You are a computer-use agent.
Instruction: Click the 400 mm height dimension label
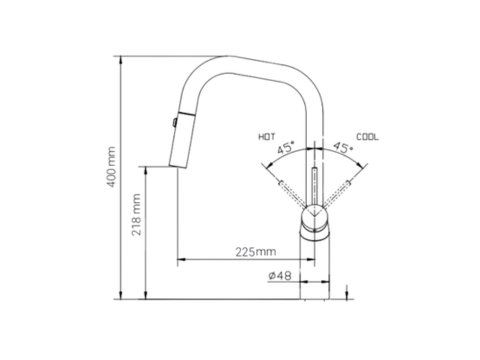[x=111, y=167]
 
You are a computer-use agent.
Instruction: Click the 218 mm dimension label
[x=136, y=215]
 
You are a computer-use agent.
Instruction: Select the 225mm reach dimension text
[x=256, y=252]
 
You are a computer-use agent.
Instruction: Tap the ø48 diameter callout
[x=280, y=276]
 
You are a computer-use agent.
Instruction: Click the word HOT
[x=267, y=137]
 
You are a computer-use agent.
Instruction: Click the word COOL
[x=368, y=137]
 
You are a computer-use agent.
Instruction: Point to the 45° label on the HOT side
[x=286, y=147]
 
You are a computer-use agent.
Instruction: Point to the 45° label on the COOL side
[x=343, y=147]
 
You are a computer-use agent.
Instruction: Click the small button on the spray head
[x=174, y=122]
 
